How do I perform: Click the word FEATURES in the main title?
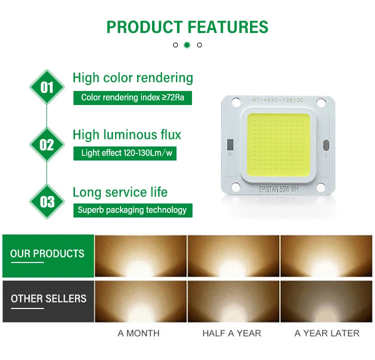coord(228,27)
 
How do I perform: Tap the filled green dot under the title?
coord(187,45)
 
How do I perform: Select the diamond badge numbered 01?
coord(47,87)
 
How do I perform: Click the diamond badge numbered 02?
coord(47,144)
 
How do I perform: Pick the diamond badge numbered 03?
coord(47,201)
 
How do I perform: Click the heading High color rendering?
coord(132,78)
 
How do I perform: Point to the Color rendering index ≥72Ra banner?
coord(132,98)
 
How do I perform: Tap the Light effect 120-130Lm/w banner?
coord(125,153)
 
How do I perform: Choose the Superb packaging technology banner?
coord(132,210)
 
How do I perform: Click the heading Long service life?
coord(120,192)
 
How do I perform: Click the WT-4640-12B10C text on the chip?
coord(277,100)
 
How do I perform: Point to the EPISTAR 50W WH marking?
coord(278,189)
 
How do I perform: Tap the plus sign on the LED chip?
coord(230,154)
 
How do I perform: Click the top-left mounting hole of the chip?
coord(236,102)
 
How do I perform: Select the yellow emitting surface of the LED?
coord(278,145)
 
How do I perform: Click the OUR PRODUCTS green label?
coord(48,256)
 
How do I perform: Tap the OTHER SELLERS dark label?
coord(48,301)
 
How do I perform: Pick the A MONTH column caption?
coord(138,333)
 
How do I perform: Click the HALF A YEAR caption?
coord(231,333)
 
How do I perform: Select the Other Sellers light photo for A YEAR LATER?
coord(326,301)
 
